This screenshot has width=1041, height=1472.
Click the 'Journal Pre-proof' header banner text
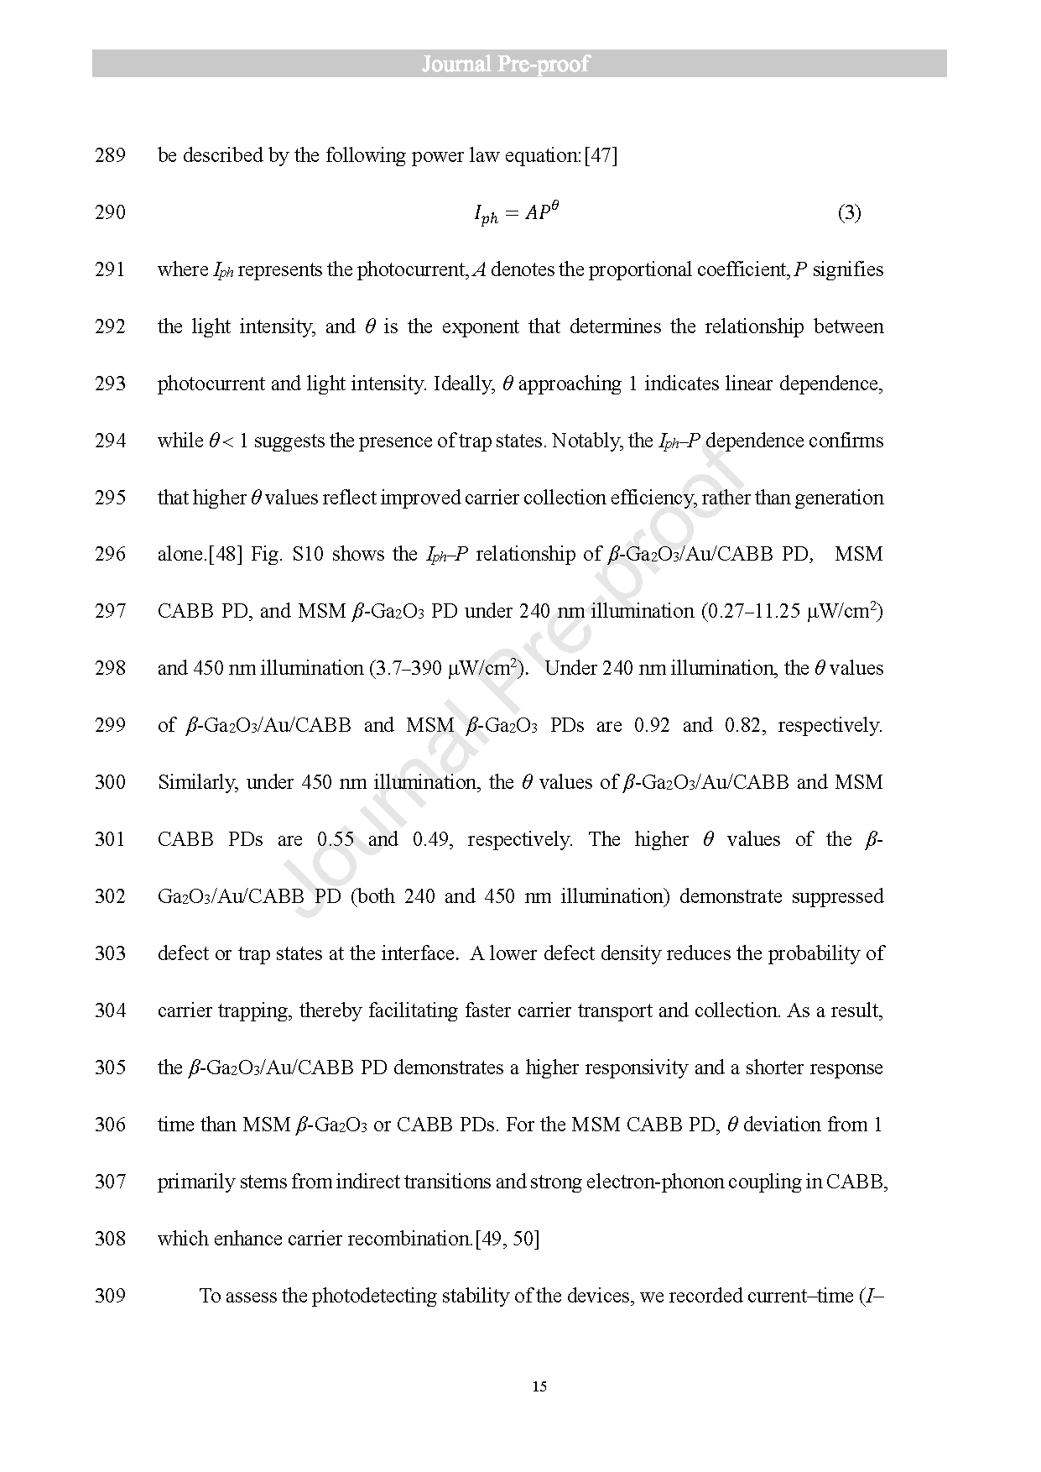click(x=505, y=64)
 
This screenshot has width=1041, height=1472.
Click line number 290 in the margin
click(x=110, y=212)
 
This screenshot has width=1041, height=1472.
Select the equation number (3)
click(x=849, y=212)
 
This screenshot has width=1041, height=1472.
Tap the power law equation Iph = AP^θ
click(x=516, y=213)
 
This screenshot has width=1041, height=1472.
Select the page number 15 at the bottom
click(x=539, y=1386)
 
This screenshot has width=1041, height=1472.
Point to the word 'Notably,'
click(x=587, y=441)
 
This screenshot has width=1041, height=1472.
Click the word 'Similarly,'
click(x=197, y=782)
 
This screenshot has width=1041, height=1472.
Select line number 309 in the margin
click(x=110, y=1296)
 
